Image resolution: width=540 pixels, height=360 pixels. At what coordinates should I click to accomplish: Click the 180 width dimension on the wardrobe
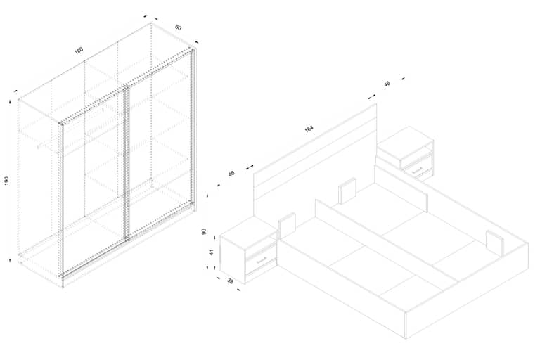(x=79, y=51)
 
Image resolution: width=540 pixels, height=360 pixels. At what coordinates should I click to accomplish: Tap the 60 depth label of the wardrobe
(x=178, y=27)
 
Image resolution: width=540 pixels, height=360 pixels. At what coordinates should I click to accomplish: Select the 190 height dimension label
(x=7, y=181)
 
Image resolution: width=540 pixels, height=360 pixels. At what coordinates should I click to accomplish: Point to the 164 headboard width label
(x=309, y=129)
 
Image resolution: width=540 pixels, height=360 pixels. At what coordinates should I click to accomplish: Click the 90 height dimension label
(x=204, y=231)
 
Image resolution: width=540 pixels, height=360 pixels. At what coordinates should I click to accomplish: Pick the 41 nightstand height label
(x=212, y=252)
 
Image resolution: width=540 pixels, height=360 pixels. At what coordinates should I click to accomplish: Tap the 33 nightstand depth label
(x=230, y=281)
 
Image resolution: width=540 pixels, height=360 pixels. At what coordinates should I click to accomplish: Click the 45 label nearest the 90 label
(x=231, y=173)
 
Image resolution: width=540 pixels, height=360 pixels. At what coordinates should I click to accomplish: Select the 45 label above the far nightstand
(x=387, y=84)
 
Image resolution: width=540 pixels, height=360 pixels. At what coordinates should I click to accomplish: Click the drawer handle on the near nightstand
(x=262, y=259)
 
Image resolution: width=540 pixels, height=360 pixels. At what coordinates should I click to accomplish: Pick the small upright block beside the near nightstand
(x=287, y=226)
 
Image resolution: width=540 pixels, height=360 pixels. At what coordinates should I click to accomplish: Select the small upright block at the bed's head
(x=347, y=191)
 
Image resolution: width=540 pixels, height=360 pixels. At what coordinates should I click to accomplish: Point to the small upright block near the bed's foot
(x=495, y=243)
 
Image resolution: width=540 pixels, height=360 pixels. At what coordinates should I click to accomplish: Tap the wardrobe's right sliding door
(x=160, y=145)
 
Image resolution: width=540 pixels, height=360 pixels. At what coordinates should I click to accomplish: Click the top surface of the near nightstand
(x=249, y=233)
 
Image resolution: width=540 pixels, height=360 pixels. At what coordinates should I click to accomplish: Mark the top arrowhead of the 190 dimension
(x=10, y=101)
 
